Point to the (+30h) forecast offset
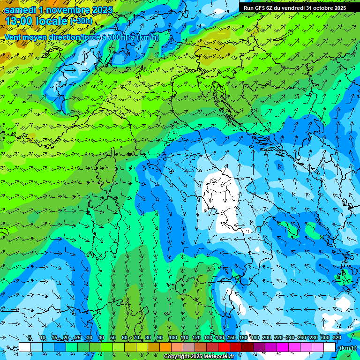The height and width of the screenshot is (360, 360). click(81, 21)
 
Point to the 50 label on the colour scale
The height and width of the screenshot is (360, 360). click(113, 338)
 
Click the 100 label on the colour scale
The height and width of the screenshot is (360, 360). click(172, 338)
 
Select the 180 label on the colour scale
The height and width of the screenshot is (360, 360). click(255, 338)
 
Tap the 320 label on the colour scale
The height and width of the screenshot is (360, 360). click(337, 338)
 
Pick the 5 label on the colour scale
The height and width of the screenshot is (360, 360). click(30, 338)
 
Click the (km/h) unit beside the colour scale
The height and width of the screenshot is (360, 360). click(348, 348)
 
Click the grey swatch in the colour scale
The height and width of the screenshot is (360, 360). click(189, 347)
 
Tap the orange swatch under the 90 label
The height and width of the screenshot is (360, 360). click(165, 347)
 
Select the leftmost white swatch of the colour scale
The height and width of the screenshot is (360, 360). click(25, 347)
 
